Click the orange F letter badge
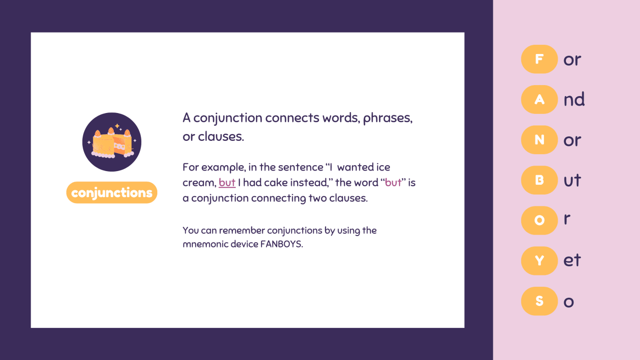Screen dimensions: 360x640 click(539, 59)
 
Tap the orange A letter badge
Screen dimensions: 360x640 click(539, 100)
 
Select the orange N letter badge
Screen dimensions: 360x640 click(539, 140)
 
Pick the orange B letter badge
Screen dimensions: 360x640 click(539, 180)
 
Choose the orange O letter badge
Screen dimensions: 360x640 click(539, 220)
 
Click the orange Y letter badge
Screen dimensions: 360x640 click(539, 261)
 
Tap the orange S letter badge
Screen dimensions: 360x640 click(539, 301)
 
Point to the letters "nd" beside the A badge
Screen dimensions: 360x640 click(574, 99)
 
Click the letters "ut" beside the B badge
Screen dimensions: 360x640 click(572, 180)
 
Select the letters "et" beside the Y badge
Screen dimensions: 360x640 click(572, 260)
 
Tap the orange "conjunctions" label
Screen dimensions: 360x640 click(112, 193)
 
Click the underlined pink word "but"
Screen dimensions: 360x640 click(227, 183)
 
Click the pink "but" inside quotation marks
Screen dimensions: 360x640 click(393, 183)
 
